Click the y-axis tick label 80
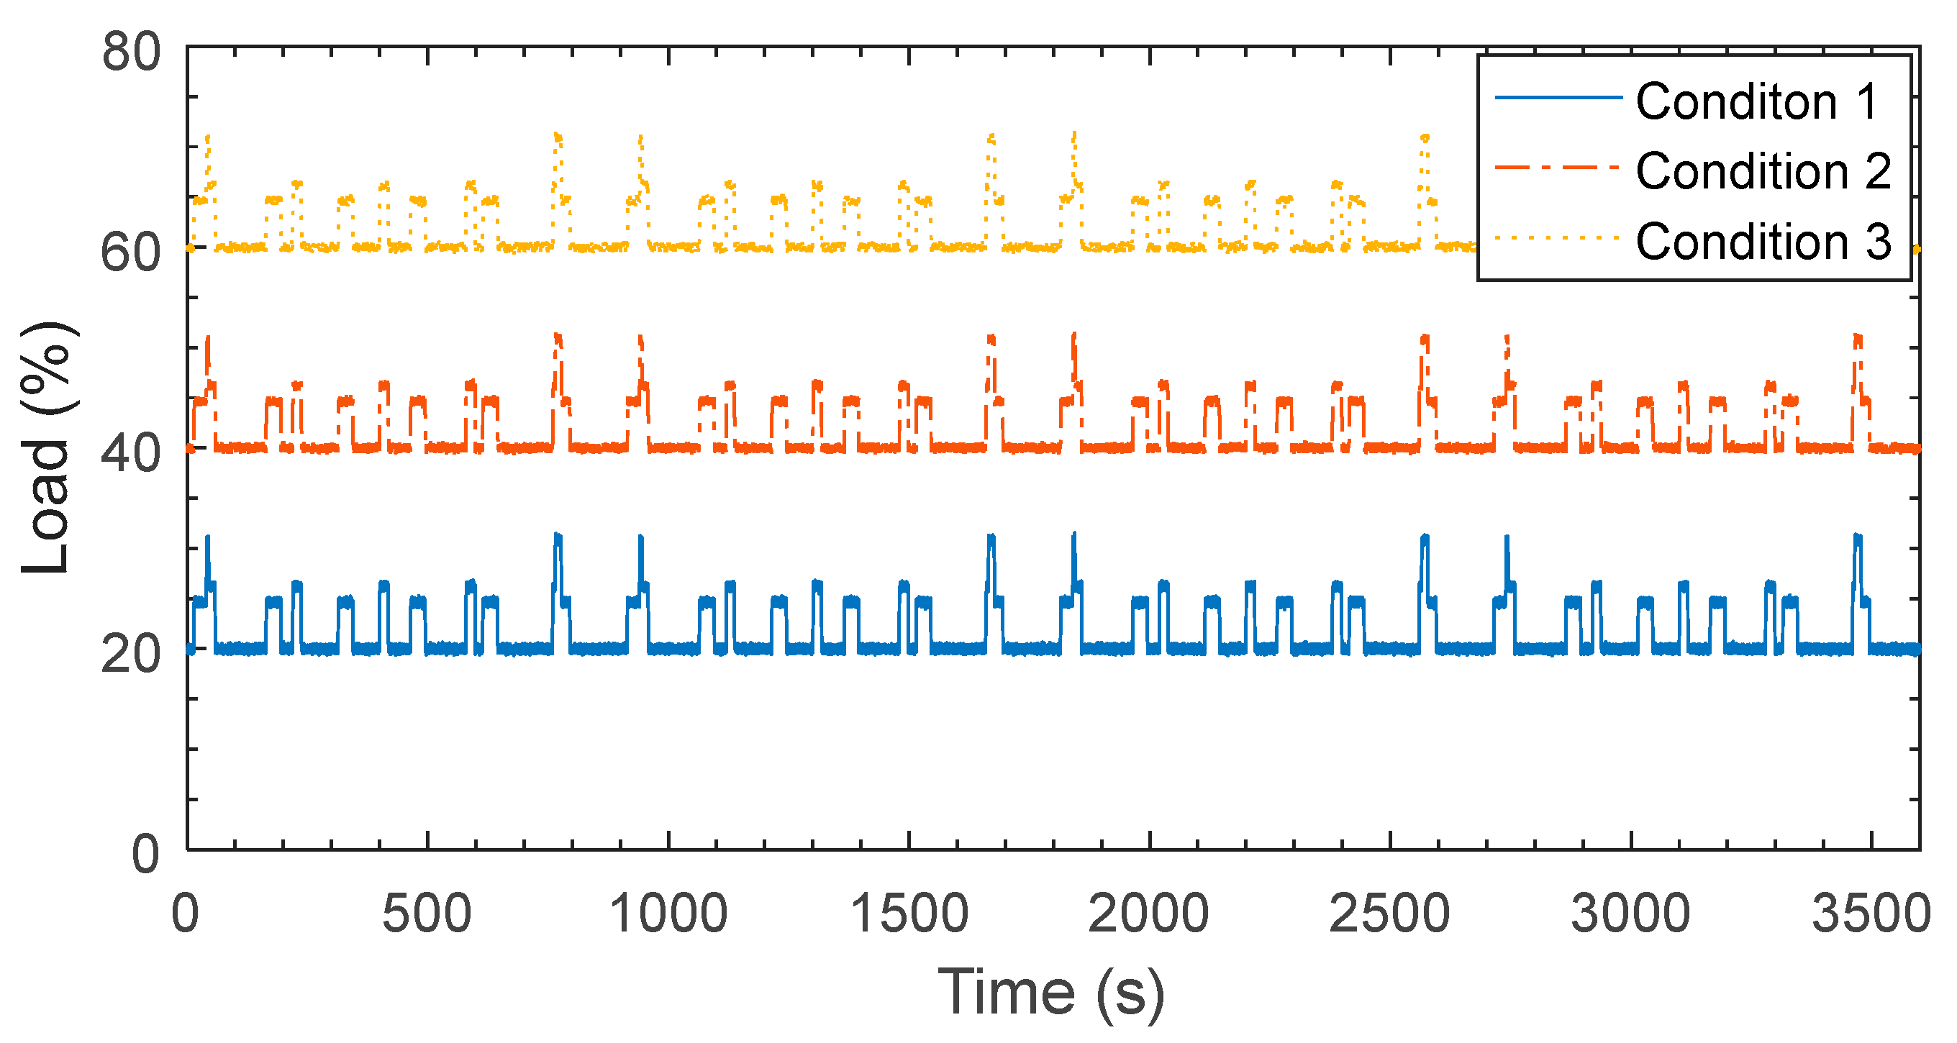click(x=132, y=53)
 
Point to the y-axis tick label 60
click(x=132, y=253)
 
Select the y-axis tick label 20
click(x=132, y=654)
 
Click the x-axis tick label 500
click(x=426, y=913)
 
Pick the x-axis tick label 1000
click(x=668, y=913)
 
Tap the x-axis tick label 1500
click(x=909, y=913)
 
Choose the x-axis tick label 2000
click(x=1149, y=913)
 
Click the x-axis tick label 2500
click(x=1389, y=913)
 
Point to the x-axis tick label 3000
click(x=1630, y=913)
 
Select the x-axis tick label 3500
click(x=1871, y=913)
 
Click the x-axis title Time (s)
click(x=1051, y=993)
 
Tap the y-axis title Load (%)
click(x=47, y=448)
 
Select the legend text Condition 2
click(x=1763, y=171)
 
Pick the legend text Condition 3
click(x=1763, y=242)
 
